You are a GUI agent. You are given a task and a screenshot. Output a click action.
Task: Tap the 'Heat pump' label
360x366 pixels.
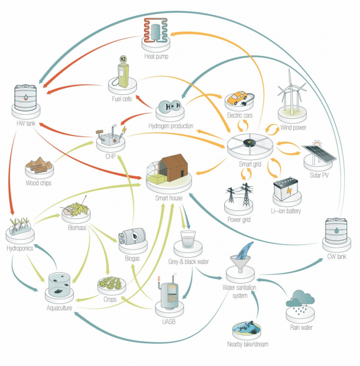click(x=157, y=57)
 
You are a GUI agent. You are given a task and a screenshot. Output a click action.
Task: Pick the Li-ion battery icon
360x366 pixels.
click(x=287, y=187)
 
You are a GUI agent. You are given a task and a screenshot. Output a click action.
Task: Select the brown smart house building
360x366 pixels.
click(x=176, y=167)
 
